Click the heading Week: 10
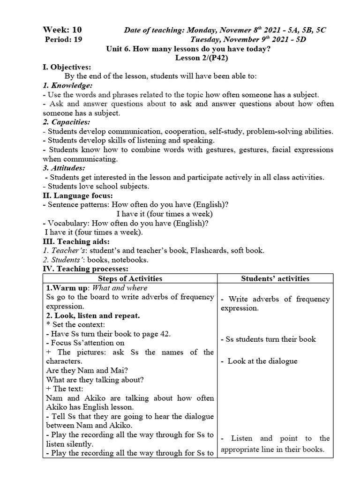click(x=62, y=30)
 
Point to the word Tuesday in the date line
click(x=207, y=40)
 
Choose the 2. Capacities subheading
click(x=67, y=122)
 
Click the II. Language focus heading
click(x=78, y=195)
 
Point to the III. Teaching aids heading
click(x=76, y=241)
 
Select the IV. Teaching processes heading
click(x=85, y=269)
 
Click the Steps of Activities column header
click(x=130, y=278)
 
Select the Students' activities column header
click(x=275, y=278)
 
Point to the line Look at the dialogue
click(x=262, y=361)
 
